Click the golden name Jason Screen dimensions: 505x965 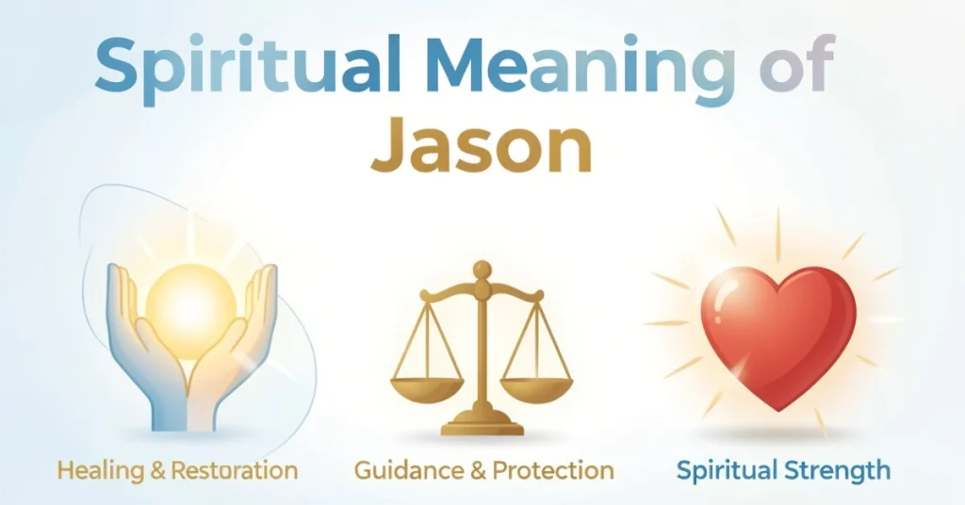(482, 148)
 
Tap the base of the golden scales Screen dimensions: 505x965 (482, 426)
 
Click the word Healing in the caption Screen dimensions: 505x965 (95, 470)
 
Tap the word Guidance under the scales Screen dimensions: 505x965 (406, 469)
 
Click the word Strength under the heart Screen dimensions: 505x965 (841, 469)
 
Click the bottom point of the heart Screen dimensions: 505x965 (775, 407)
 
